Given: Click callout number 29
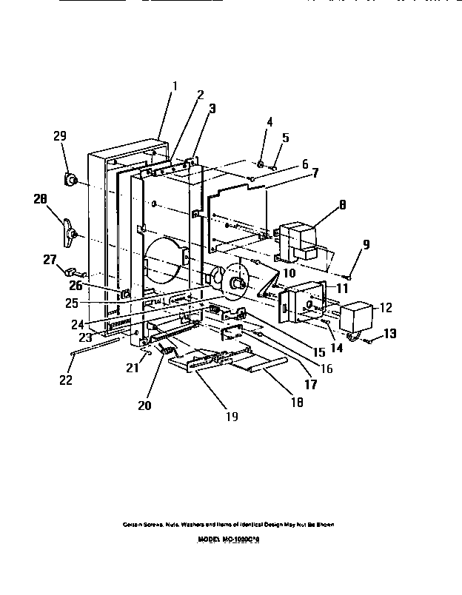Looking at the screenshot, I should point(61,136).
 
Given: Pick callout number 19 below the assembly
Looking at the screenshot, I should point(232,416).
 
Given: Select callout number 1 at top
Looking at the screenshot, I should point(175,85).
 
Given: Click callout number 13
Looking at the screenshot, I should point(389,334).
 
